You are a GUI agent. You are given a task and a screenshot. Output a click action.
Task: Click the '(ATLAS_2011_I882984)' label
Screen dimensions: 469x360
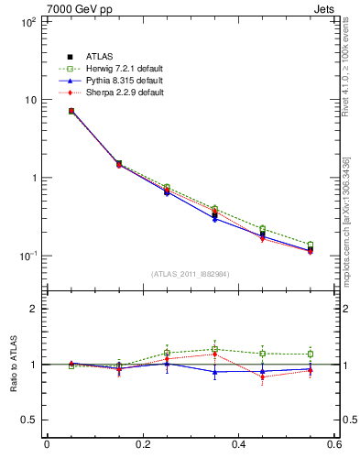191,274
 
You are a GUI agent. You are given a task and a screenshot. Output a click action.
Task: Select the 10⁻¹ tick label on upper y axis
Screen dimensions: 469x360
27,256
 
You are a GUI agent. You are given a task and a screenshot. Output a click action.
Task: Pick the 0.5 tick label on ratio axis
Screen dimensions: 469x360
27,420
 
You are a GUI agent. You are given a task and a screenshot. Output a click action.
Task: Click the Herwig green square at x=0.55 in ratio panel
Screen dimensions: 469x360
310,354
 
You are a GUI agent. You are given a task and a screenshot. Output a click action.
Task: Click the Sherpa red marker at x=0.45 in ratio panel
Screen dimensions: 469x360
262,376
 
